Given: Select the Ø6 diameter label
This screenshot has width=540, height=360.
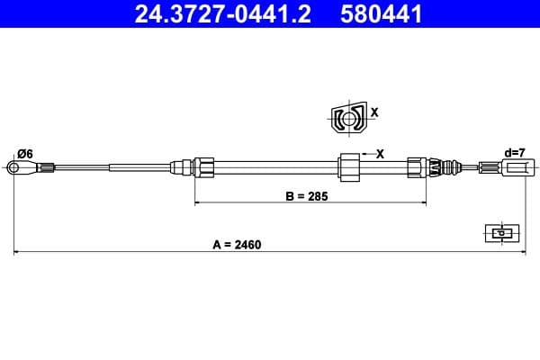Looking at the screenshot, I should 25,154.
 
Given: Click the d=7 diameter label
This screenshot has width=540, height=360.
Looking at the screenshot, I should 515,153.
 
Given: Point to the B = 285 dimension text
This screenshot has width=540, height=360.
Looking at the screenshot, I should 302,194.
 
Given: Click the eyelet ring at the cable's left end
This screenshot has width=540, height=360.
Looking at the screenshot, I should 14,166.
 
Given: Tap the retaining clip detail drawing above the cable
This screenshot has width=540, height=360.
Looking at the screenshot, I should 346,118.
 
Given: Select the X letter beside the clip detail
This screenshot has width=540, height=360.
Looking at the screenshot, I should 374,113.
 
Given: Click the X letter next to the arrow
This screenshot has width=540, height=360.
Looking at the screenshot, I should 380,154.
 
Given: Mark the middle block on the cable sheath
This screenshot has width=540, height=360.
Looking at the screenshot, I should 348,167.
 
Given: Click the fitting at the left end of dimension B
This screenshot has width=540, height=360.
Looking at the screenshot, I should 202,166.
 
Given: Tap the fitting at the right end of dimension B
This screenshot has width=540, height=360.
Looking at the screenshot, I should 415,166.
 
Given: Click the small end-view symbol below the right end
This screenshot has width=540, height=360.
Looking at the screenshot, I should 498,232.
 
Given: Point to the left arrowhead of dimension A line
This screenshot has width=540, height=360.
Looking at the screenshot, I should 16,253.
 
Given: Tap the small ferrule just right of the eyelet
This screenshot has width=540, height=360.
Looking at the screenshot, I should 47,166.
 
